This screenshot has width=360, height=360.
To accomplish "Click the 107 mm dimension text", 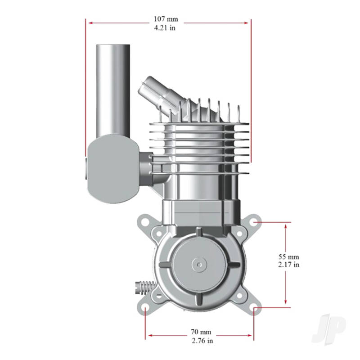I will coord(166,19).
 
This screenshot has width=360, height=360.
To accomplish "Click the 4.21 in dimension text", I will coord(166,27).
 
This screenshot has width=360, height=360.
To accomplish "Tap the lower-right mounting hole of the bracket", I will coord(255,309).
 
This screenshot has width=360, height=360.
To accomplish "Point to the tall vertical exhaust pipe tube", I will coord(112,90).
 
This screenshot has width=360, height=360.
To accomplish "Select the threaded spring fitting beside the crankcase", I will coord(145,287).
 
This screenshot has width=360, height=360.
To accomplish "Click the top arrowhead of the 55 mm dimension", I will coord(286,224).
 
